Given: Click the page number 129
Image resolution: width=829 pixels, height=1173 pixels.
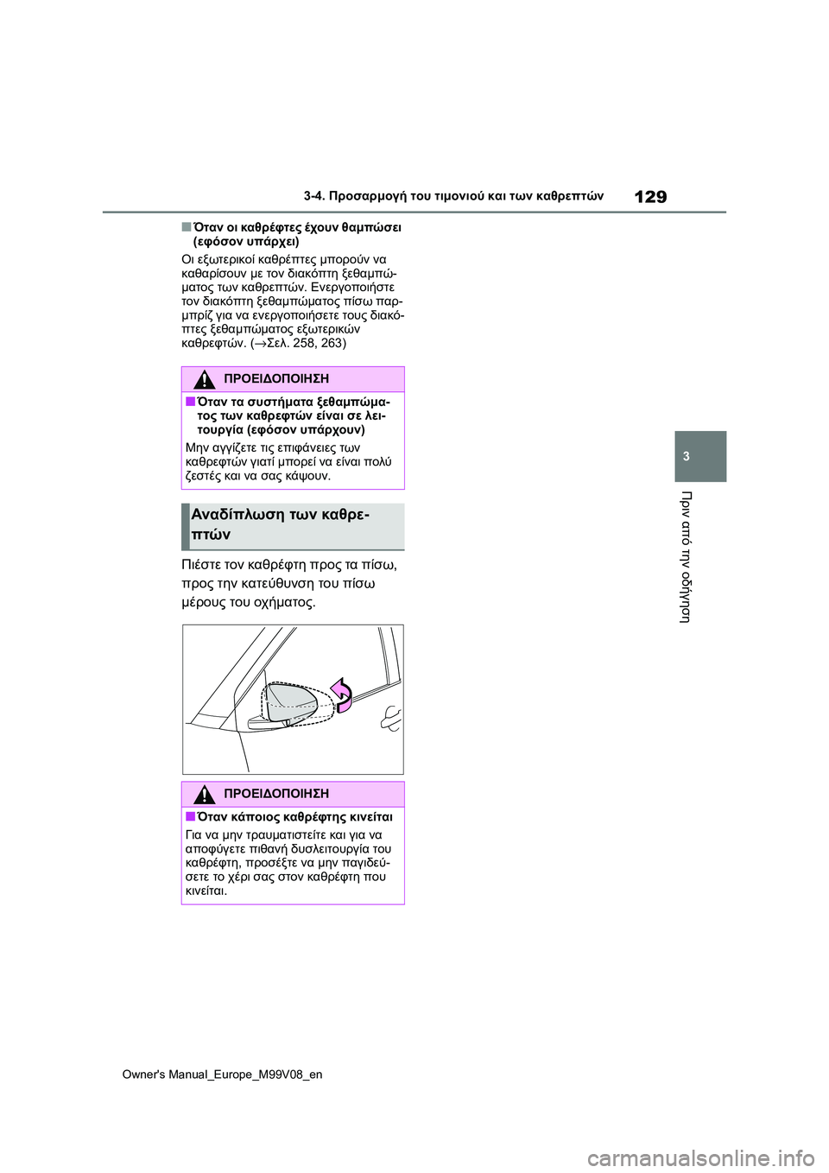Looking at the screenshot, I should (649, 197).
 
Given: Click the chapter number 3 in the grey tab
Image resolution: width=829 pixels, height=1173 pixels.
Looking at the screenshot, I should (687, 456).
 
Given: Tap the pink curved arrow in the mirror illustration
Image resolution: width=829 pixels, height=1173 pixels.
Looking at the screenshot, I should (342, 694).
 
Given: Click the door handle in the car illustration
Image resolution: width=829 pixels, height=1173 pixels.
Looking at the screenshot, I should (391, 718).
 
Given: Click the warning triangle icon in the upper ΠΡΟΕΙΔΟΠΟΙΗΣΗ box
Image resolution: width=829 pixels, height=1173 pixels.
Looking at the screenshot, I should (204, 379).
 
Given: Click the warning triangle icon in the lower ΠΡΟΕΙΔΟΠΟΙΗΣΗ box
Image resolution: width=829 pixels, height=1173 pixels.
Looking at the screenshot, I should (204, 794).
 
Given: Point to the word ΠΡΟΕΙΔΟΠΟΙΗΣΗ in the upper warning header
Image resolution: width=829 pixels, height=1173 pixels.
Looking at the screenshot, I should (275, 379).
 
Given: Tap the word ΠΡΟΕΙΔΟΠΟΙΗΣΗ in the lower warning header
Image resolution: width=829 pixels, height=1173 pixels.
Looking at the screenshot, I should (275, 794).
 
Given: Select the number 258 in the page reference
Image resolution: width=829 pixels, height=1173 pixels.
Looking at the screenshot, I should (304, 343).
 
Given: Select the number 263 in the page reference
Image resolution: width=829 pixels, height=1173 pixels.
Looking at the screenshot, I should (332, 343).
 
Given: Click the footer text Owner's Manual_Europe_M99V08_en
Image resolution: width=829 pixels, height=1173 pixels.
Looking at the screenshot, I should (222, 1075).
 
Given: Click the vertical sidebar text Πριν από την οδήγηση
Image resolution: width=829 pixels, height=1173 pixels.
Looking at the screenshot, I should (686, 556).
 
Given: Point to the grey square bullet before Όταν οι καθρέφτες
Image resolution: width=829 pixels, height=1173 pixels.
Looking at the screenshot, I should (186, 227).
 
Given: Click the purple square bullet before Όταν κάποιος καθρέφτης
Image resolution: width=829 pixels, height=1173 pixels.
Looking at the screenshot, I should (190, 816).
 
